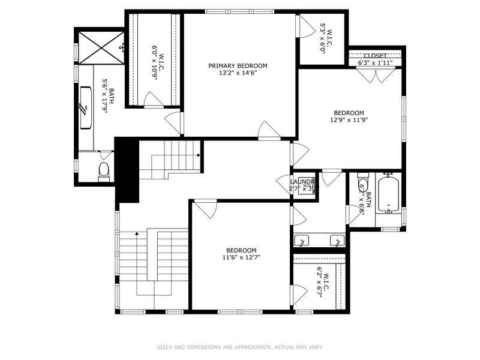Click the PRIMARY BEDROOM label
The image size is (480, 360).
click(238, 66)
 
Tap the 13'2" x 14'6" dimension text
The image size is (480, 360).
click(238, 74)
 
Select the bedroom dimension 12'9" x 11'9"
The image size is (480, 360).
click(349, 120)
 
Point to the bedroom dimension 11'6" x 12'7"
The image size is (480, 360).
click(241, 258)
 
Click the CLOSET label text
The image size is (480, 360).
click(375, 56)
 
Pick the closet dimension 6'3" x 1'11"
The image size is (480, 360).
click(375, 62)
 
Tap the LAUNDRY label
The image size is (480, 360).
click(302, 182)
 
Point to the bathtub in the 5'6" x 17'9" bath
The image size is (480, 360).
click(85, 108)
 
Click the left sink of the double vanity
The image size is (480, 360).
click(302, 241)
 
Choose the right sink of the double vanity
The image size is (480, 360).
click(338, 241)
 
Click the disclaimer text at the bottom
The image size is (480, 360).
click(240, 347)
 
